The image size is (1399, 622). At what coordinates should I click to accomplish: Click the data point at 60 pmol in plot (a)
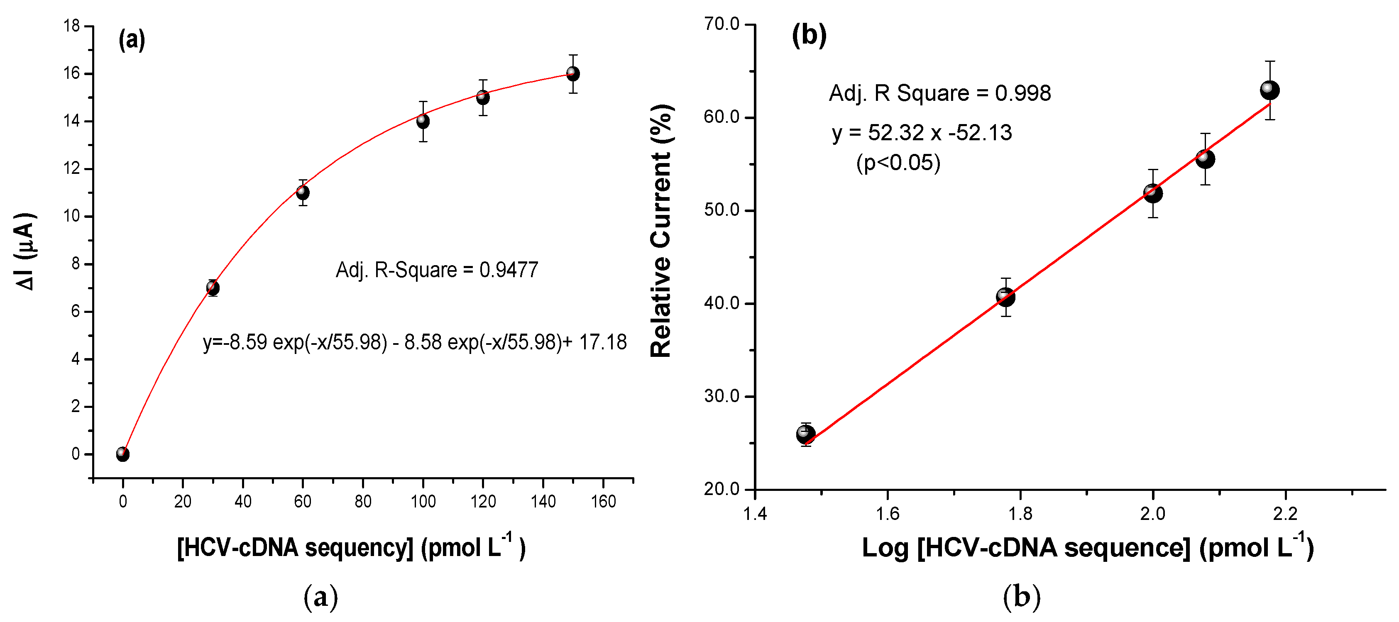click(x=303, y=193)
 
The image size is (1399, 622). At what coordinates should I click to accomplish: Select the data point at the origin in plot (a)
click(x=123, y=454)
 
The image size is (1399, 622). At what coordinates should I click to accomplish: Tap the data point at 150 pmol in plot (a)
click(x=572, y=73)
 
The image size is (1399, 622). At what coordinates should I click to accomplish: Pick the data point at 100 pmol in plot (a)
click(x=423, y=121)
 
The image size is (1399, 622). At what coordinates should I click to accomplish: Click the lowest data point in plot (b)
click(x=805, y=434)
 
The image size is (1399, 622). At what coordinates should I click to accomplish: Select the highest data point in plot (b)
click(x=1269, y=90)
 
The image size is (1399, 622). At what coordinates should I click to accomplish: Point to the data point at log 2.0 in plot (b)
click(x=1152, y=193)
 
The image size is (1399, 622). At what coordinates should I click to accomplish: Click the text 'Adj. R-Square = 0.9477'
click(x=437, y=270)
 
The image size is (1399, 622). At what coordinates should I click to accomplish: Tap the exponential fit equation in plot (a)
click(x=415, y=342)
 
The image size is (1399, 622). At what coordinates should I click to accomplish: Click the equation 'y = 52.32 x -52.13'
click(x=922, y=133)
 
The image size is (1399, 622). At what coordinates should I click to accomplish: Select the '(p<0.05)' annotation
click(x=898, y=162)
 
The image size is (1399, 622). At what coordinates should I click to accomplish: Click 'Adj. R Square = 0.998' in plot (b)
click(x=939, y=93)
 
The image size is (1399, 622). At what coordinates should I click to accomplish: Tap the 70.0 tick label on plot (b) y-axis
click(x=722, y=24)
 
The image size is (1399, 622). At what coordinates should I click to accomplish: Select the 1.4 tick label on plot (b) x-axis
click(x=754, y=513)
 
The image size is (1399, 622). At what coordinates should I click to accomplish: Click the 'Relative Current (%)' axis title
click(x=661, y=231)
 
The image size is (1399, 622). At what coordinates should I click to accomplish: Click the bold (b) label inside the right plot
click(x=809, y=36)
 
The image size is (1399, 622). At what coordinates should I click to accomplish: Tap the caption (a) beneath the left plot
click(x=320, y=597)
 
